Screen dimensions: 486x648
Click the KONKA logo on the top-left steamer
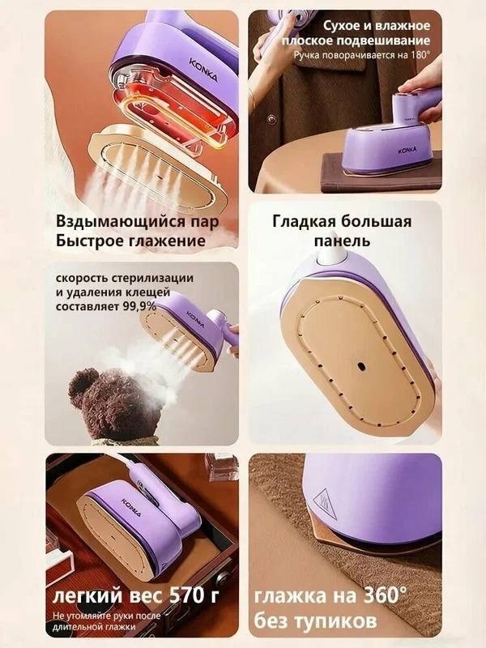pyautogui.click(x=203, y=70)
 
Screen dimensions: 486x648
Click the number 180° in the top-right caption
pyautogui.click(x=421, y=55)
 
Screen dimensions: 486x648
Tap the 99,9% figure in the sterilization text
pyautogui.click(x=140, y=307)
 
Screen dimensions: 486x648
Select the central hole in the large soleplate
pyautogui.click(x=360, y=366)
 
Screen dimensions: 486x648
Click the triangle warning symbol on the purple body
pyautogui.click(x=325, y=501)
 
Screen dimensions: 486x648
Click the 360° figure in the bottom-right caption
pyautogui.click(x=382, y=595)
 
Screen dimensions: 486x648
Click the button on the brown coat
pyautogui.click(x=271, y=120)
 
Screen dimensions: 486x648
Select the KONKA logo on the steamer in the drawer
pyautogui.click(x=132, y=508)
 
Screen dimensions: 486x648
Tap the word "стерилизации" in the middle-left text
pyautogui.click(x=152, y=278)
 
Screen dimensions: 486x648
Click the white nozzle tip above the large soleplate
pyautogui.click(x=331, y=254)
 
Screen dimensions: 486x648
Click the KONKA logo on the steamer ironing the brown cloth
pyautogui.click(x=407, y=151)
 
